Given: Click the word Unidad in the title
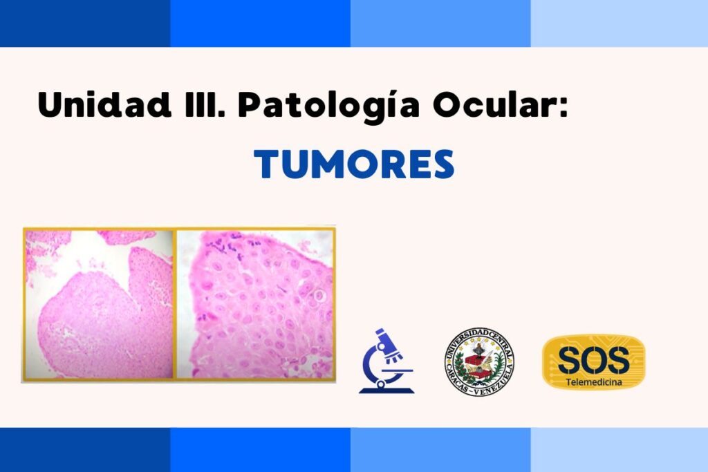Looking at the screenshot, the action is (105, 104).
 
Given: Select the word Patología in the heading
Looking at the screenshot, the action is (329, 106).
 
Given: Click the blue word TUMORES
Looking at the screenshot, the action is (354, 164).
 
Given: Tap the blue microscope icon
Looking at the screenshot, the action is (386, 361).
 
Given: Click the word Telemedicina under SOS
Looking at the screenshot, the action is (594, 382).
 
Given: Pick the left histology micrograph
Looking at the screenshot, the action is (100, 304).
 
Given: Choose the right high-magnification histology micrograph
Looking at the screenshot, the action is (255, 304).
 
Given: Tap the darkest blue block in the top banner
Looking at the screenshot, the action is (85, 23).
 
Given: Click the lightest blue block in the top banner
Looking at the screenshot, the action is (619, 23).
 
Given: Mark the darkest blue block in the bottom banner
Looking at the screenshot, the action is (85, 450).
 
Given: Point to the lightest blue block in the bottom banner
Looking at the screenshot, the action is (619, 450).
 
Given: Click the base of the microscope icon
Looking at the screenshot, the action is (386, 390).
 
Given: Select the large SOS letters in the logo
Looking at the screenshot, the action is (594, 359).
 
